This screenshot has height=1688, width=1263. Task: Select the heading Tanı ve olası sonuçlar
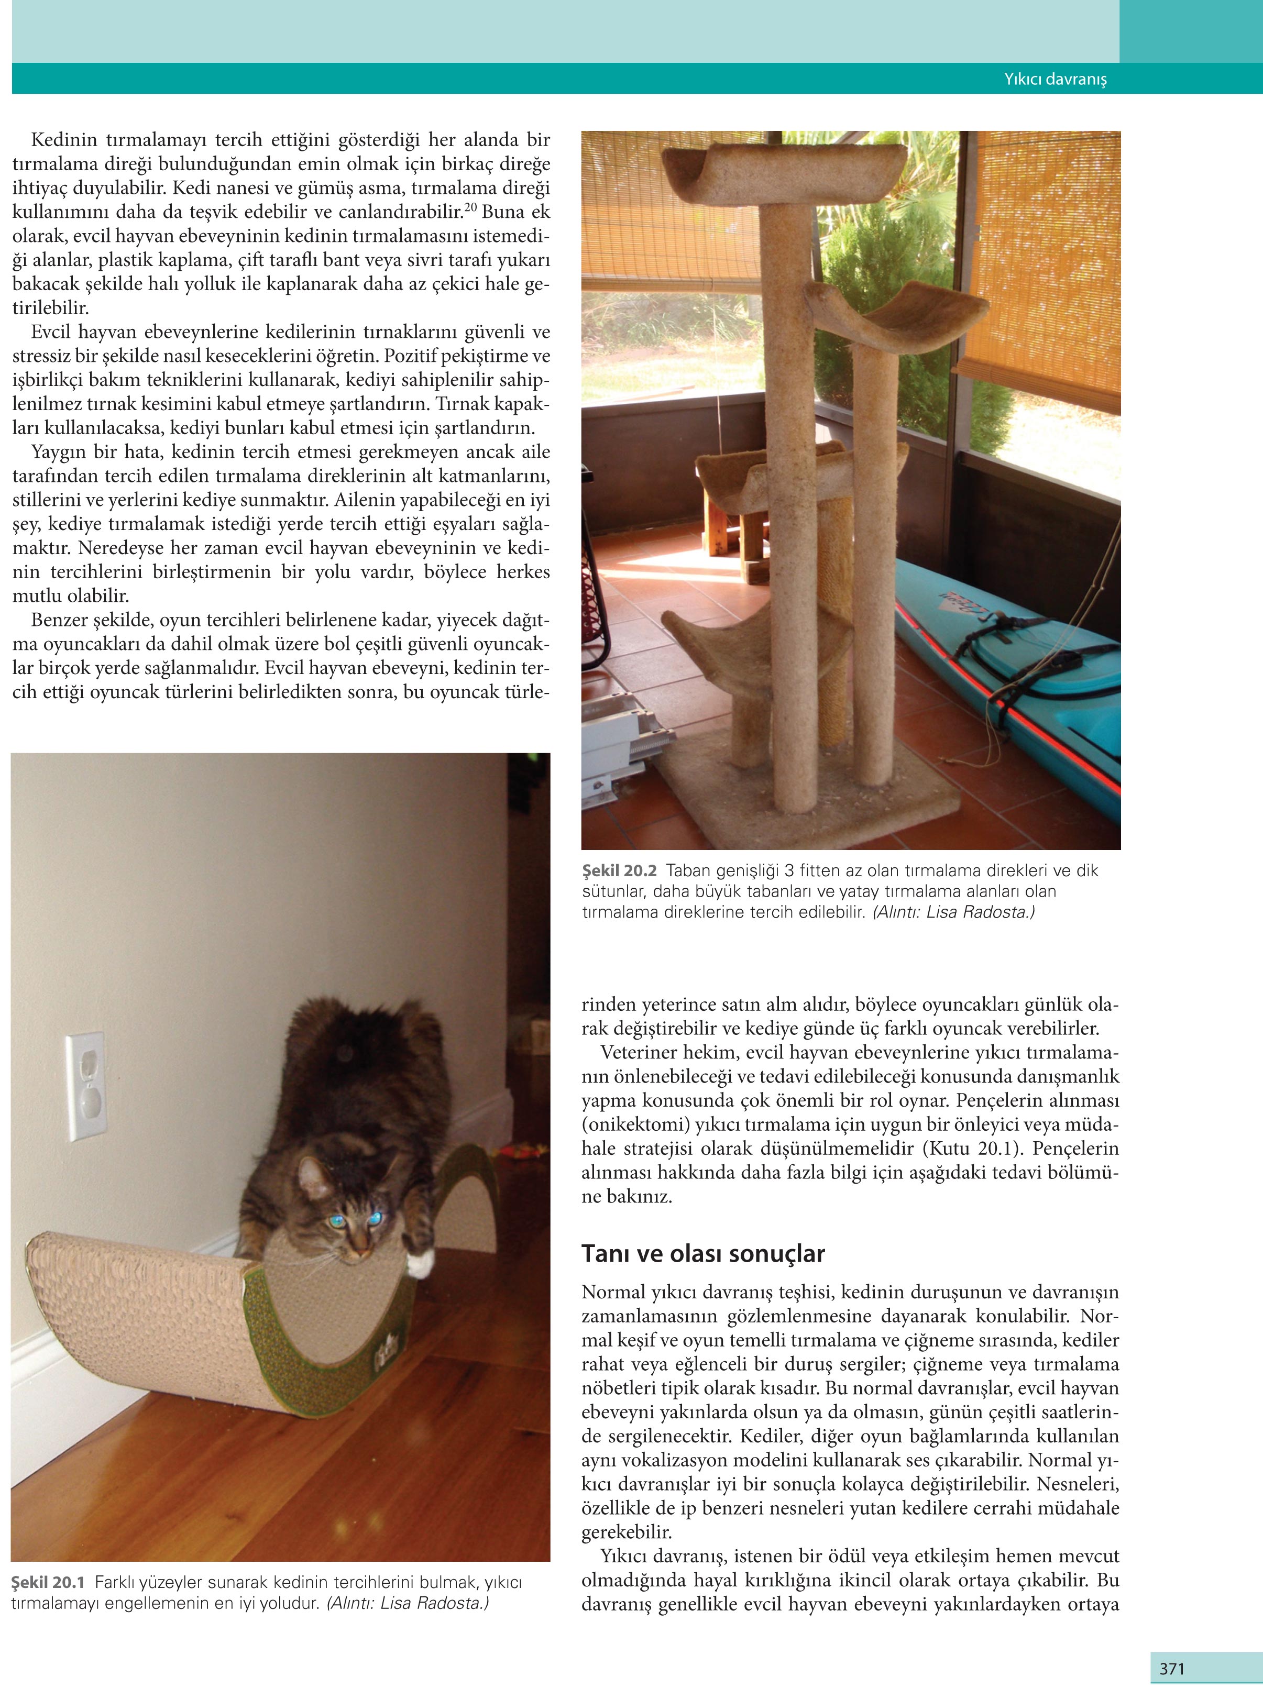coord(703,1254)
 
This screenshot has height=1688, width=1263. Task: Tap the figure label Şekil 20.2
coord(619,870)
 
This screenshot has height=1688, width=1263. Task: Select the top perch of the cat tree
coord(782,172)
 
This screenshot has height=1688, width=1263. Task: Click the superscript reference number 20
coord(471,207)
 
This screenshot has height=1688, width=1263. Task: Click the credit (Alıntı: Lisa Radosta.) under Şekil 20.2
coord(953,912)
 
